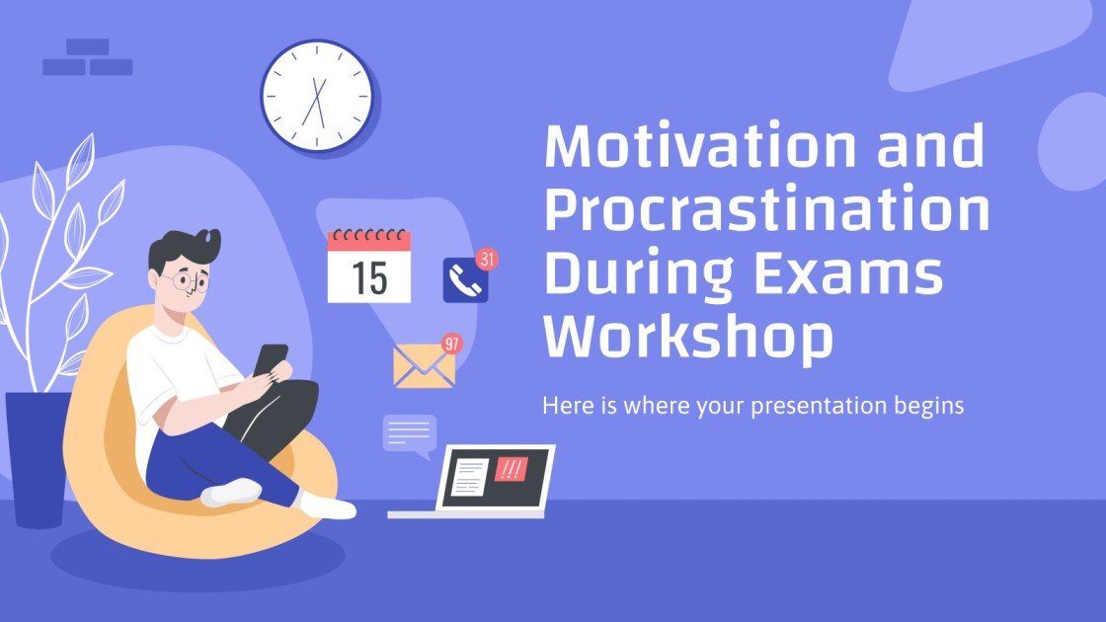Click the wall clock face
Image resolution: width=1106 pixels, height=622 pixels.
[317, 97]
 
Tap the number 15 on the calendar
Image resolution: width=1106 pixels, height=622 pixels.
[369, 278]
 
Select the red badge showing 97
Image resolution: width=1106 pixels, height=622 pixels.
[452, 344]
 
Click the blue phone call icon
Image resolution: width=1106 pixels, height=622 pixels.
[464, 281]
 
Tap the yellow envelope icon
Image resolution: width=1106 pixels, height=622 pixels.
[424, 366]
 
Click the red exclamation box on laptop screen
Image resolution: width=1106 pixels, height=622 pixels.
[511, 468]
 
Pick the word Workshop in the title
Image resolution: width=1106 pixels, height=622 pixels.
[688, 337]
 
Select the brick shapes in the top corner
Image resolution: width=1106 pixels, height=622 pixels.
[88, 58]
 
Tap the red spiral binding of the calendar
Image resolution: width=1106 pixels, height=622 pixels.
[368, 238]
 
